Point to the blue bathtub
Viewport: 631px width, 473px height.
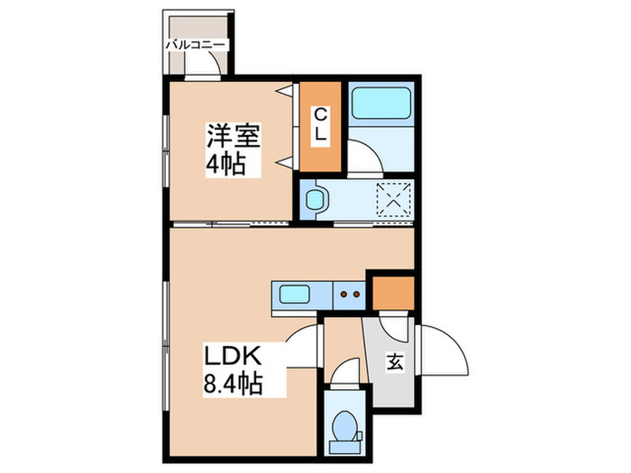click(x=380, y=107)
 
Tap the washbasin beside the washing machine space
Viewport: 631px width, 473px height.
click(x=315, y=199)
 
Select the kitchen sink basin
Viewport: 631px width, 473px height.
click(x=296, y=293)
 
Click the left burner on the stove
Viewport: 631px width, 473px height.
click(x=343, y=293)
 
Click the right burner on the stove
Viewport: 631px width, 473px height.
click(x=356, y=293)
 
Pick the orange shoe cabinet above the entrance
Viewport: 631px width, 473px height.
click(x=393, y=292)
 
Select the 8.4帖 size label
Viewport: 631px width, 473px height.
click(x=232, y=386)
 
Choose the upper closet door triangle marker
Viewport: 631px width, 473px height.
click(x=288, y=91)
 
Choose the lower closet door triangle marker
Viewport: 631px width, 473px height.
click(x=288, y=162)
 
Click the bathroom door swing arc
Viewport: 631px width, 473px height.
click(x=365, y=159)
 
